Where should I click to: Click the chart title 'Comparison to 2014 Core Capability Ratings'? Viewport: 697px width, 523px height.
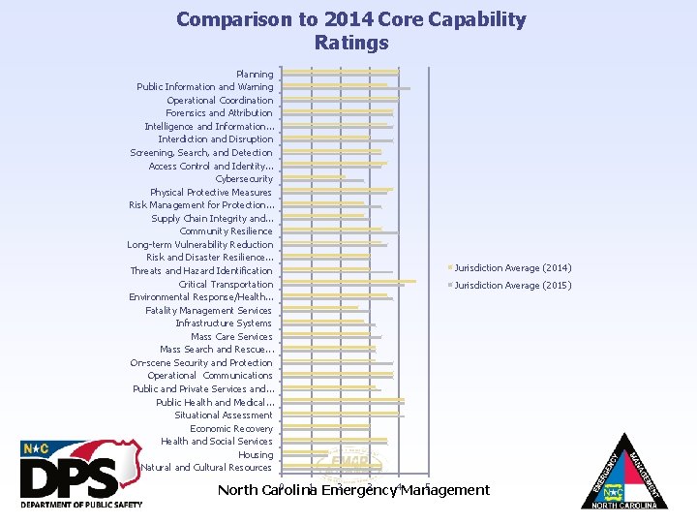click(350, 31)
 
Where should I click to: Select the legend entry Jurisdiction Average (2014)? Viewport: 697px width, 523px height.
click(512, 267)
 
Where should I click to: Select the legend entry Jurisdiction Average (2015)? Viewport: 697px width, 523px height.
click(512, 285)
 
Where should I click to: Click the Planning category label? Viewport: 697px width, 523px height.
click(255, 74)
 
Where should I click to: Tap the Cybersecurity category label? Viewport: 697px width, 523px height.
click(244, 178)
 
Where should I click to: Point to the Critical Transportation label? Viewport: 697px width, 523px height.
click(226, 284)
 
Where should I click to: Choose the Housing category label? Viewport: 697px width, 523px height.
click(256, 454)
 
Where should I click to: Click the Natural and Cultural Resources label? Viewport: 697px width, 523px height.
click(206, 467)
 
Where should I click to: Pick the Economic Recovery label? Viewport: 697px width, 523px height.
click(231, 428)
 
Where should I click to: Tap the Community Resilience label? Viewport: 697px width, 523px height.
click(226, 231)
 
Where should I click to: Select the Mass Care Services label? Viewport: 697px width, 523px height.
click(231, 336)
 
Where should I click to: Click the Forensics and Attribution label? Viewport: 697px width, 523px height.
click(219, 112)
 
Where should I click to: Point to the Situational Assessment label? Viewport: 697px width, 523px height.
click(224, 415)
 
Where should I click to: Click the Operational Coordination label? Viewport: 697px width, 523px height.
click(220, 100)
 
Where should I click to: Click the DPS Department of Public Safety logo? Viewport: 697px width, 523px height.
click(82, 475)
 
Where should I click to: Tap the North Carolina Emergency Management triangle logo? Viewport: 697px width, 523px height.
click(624, 472)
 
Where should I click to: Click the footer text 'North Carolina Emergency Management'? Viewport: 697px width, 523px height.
click(353, 490)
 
